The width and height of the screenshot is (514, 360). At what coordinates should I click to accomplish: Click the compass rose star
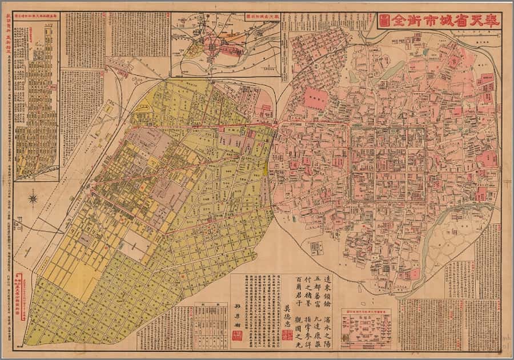(33, 199)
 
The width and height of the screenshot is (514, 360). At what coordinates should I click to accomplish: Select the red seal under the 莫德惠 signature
(287, 335)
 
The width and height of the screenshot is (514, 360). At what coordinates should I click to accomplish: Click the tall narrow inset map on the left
(35, 97)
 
